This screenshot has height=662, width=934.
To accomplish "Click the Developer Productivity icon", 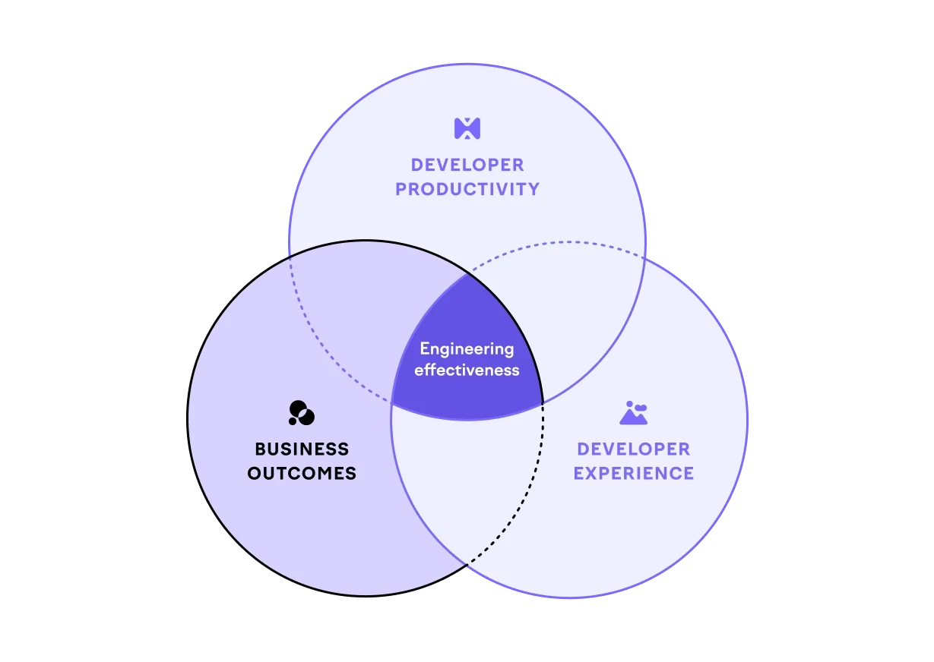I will [x=467, y=128].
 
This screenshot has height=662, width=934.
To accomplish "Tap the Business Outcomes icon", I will [x=301, y=412].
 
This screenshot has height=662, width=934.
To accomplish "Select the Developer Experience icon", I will [x=633, y=412].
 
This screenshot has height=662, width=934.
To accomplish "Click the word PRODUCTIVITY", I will [x=467, y=189].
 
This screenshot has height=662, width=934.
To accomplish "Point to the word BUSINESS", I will [x=302, y=449].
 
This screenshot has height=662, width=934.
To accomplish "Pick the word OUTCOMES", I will [x=302, y=473].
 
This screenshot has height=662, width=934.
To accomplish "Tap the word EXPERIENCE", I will [x=633, y=473].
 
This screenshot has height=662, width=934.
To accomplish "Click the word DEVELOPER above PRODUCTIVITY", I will [x=467, y=165].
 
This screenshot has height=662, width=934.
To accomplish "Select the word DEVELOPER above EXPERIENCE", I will [x=633, y=449].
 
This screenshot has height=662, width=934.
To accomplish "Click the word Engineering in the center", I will [x=467, y=349].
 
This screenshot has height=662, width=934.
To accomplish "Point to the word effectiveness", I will [x=467, y=370].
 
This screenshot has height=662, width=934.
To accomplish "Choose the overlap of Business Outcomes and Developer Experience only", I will [x=464, y=486].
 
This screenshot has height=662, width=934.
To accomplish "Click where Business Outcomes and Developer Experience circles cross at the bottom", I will [x=467, y=564].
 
